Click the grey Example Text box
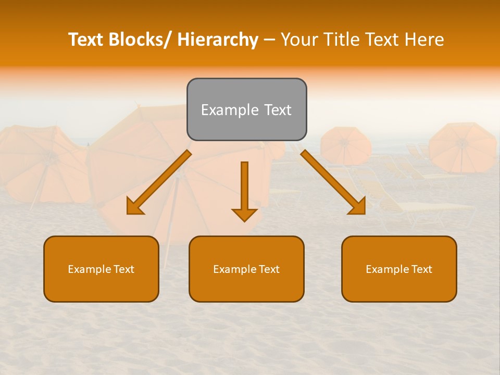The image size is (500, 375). point(246,109)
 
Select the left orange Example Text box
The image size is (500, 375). point(101,269)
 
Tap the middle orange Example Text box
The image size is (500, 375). point(246,269)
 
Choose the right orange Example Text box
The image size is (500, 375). point(399,269)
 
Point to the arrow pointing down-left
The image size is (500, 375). point(159,182)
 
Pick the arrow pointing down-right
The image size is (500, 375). point(333,182)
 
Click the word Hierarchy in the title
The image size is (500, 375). point(217,40)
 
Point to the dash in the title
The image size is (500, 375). point(269,40)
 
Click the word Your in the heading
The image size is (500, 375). point(299,40)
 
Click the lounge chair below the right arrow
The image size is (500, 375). point(427,208)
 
